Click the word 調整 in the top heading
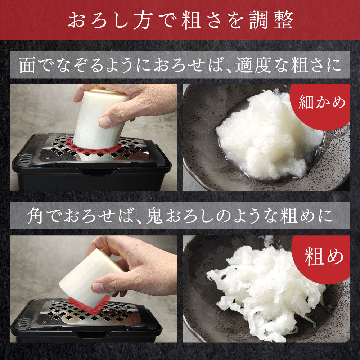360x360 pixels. (x=271, y=20)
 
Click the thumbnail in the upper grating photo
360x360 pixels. (x=105, y=121)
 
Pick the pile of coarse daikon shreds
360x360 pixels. (x=266, y=292)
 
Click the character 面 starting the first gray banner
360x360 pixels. (x=27, y=66)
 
